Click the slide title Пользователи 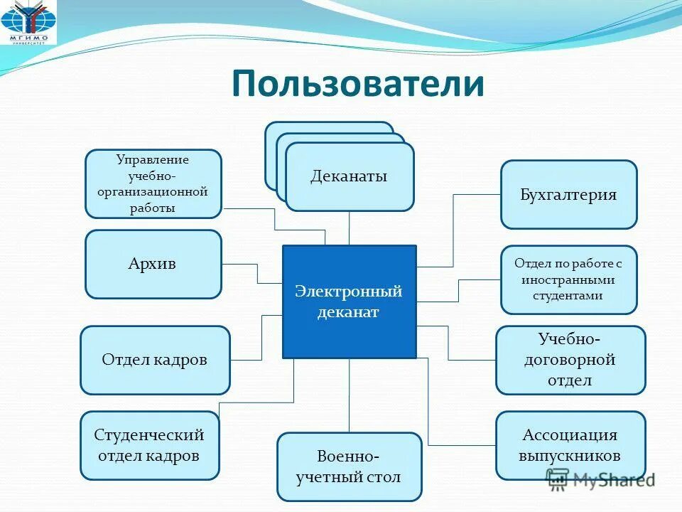click(x=357, y=83)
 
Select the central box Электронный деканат click(x=349, y=302)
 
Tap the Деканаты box click(x=349, y=176)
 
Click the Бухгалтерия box click(x=568, y=194)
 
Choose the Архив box click(x=153, y=264)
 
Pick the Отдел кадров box click(x=155, y=360)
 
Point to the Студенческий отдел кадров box click(x=149, y=445)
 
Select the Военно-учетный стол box click(x=349, y=466)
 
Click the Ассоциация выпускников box click(x=570, y=445)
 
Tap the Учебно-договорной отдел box click(x=570, y=360)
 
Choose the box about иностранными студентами click(x=568, y=279)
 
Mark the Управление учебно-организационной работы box click(x=153, y=183)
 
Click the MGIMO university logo click(x=25, y=24)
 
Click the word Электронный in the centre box click(x=349, y=292)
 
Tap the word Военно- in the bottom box click(x=348, y=456)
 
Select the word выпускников click(x=570, y=456)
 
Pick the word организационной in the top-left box click(x=153, y=192)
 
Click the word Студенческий click(x=149, y=434)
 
